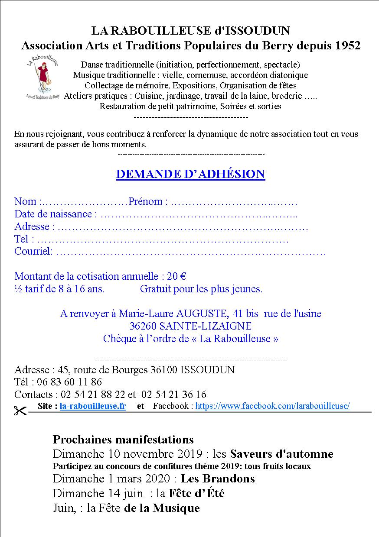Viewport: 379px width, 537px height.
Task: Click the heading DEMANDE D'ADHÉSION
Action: [190, 174]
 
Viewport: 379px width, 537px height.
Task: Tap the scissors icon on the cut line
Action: [20, 411]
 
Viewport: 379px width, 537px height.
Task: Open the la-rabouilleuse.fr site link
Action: [93, 406]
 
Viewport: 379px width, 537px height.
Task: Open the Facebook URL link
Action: [272, 406]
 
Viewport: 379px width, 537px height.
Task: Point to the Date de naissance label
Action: [53, 214]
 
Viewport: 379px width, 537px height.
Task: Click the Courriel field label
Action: [33, 251]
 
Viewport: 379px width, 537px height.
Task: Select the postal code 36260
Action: [146, 326]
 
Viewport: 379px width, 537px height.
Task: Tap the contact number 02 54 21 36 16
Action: [174, 395]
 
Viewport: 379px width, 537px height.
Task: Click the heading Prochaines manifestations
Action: [123, 440]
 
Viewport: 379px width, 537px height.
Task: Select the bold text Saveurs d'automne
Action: [281, 454]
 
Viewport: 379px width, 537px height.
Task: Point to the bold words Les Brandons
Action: [218, 479]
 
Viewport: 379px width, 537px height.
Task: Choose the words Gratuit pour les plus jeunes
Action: [201, 289]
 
